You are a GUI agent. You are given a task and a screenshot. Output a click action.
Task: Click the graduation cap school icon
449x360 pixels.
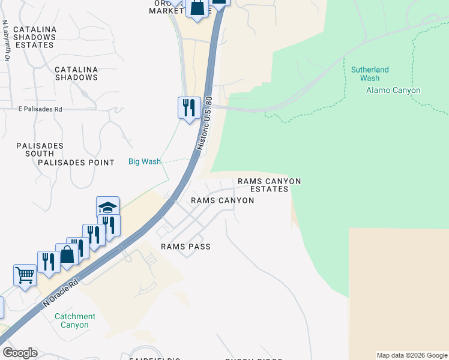tap(108, 208)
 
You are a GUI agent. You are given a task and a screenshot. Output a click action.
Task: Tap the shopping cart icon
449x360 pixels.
tap(25, 275)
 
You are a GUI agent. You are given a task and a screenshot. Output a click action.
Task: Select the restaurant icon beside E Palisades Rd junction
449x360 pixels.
tap(189, 107)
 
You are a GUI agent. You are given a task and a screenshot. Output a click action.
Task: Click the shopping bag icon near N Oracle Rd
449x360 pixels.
tap(67, 254)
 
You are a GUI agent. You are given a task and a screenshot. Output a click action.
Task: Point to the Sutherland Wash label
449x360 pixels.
tap(370, 74)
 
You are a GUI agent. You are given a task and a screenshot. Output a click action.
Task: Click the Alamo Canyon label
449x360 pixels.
tap(393, 91)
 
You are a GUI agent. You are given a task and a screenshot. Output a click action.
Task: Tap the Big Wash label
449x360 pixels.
tap(145, 161)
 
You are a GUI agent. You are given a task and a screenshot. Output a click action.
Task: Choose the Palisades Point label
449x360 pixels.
tap(76, 163)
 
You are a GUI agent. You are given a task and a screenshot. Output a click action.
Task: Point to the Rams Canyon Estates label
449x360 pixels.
tap(269, 185)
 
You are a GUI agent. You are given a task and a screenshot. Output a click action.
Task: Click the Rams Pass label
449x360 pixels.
tap(185, 247)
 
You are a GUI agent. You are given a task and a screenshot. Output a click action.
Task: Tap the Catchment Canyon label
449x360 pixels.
tap(75, 320)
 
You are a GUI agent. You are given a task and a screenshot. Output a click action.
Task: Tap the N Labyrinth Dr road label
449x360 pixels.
tap(6, 41)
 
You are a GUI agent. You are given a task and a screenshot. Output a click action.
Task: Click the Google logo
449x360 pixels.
tap(20, 353)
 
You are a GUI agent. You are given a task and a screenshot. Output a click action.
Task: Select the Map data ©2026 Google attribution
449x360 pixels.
tap(412, 355)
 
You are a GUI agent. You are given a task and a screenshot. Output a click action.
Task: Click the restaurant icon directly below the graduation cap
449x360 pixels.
tap(109, 225)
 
